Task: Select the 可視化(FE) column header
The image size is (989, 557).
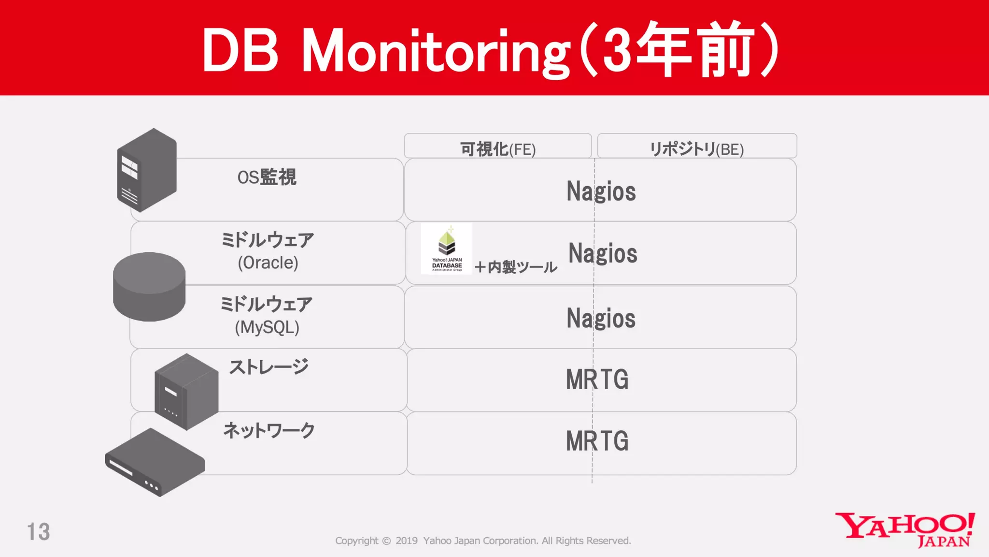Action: click(498, 148)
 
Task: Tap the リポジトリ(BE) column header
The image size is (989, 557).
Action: click(696, 148)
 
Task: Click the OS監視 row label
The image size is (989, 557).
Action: click(267, 177)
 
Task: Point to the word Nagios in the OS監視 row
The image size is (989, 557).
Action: click(601, 191)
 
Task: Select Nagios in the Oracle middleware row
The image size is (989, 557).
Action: click(603, 253)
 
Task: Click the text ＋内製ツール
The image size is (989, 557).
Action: click(516, 267)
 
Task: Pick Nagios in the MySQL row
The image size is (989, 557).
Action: click(601, 318)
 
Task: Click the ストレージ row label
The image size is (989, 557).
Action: click(268, 367)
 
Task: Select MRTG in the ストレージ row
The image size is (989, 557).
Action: click(597, 380)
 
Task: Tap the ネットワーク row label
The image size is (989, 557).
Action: click(268, 430)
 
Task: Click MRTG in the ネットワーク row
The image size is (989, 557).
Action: click(597, 441)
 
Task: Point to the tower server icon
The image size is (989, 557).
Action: click(146, 170)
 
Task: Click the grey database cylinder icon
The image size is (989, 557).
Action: click(149, 287)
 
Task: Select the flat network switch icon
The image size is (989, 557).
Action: click(155, 462)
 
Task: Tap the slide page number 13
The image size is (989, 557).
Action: click(38, 532)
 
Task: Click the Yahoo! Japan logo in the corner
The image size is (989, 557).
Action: click(905, 530)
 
